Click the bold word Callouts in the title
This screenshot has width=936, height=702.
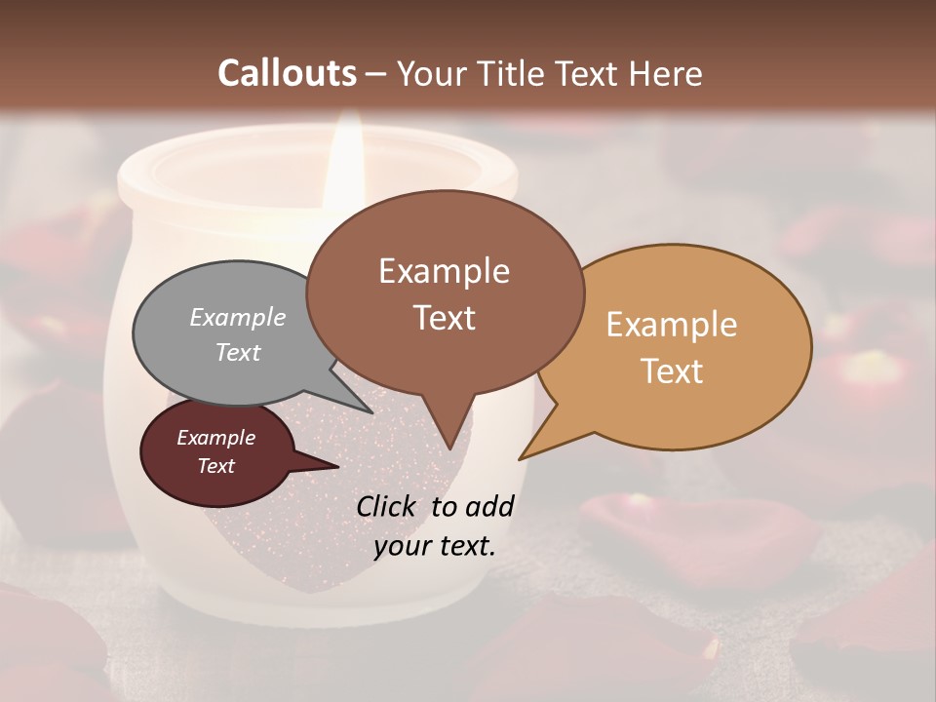pyautogui.click(x=288, y=73)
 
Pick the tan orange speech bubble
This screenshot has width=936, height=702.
pyautogui.click(x=682, y=346)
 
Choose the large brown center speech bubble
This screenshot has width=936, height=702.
pyautogui.click(x=445, y=292)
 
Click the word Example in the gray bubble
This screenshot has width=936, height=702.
pyautogui.click(x=238, y=318)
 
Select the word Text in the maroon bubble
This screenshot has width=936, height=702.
pyautogui.click(x=216, y=466)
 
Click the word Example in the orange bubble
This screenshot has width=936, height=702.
pyautogui.click(x=672, y=325)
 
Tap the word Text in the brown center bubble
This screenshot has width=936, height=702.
pyautogui.click(x=445, y=318)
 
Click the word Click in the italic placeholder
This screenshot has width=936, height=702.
pyautogui.click(x=388, y=506)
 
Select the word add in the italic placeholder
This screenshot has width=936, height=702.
pyautogui.click(x=488, y=506)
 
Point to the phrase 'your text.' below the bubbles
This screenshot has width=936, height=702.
pyautogui.click(x=435, y=546)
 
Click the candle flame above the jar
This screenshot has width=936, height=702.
pyautogui.click(x=348, y=156)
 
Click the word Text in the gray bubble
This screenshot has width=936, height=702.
pyautogui.click(x=238, y=352)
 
